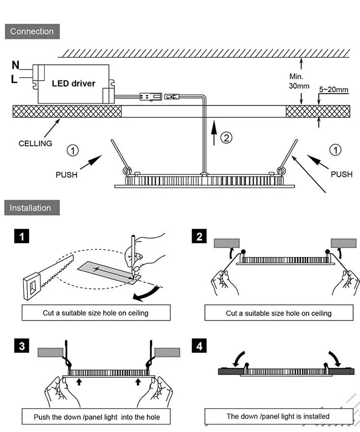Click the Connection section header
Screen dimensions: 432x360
pos(32,32)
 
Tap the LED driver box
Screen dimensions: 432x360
pos(73,83)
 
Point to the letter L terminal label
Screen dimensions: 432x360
pos(14,80)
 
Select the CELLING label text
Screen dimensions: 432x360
pos(36,143)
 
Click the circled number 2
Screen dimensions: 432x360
pos(226,138)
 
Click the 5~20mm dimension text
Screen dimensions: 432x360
pos(334,89)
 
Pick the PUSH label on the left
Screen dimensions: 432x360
pos(67,175)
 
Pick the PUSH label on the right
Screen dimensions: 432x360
pos(341,174)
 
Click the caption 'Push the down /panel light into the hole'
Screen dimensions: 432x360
pos(96,417)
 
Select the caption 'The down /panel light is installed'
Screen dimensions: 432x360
pos(278,416)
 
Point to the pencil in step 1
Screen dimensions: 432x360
pos(132,249)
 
